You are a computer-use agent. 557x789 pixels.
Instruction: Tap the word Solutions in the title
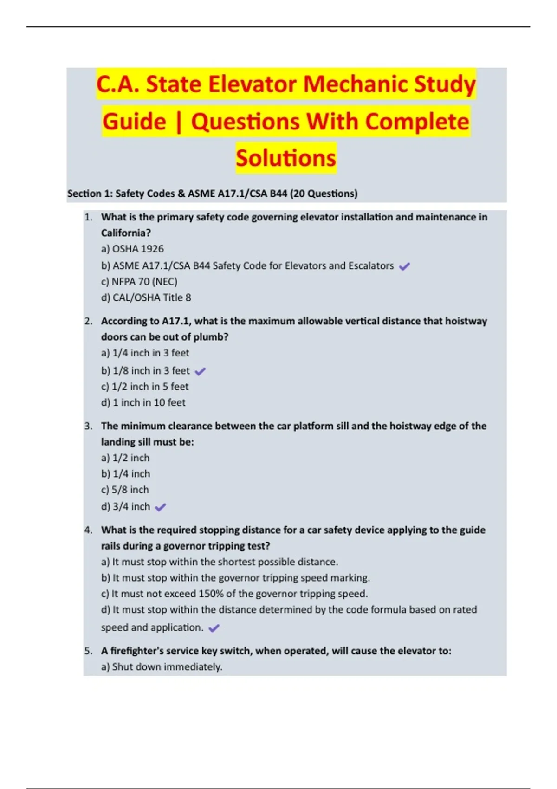click(x=285, y=158)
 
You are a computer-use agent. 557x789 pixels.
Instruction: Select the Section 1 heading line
click(x=212, y=194)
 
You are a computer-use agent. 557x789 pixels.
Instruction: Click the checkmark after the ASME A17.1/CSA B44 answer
click(x=404, y=266)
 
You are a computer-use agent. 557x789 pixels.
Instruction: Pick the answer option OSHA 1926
click(x=132, y=249)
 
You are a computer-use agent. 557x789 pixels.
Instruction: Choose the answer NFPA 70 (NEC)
click(x=139, y=282)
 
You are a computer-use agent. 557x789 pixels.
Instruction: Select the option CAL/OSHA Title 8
click(x=146, y=297)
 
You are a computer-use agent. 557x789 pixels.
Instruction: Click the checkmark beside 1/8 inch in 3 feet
click(x=200, y=371)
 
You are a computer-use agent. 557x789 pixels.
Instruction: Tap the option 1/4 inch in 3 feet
click(x=145, y=353)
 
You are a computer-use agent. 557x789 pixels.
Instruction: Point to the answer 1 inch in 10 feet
click(x=143, y=402)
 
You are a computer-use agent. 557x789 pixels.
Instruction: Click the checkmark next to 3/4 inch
click(x=160, y=507)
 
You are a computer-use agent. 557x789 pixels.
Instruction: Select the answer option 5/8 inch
click(x=125, y=490)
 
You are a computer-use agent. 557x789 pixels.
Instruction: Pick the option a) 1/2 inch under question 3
click(x=125, y=458)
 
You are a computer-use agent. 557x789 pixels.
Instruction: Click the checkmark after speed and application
click(x=214, y=628)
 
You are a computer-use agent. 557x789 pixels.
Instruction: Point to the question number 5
click(x=88, y=651)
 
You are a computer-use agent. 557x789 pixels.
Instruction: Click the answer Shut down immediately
click(x=162, y=667)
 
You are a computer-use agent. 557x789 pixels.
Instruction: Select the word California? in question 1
click(x=126, y=233)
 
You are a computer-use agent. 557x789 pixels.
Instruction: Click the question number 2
click(x=88, y=321)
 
